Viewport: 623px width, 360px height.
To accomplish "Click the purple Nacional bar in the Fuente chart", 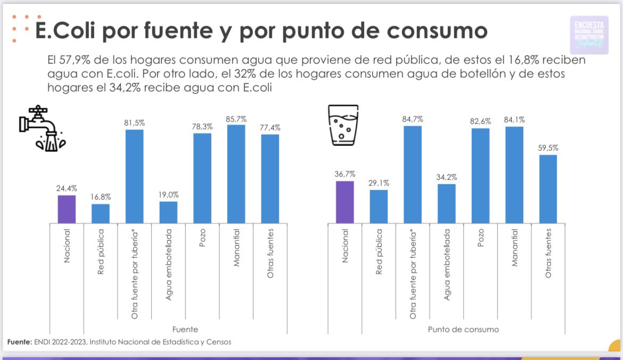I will tap(67, 209).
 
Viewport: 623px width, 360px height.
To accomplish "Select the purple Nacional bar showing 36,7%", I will tap(345, 202).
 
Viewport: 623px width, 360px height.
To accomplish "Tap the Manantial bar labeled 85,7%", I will tap(236, 174).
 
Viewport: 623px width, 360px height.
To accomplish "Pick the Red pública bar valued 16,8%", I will tap(101, 213).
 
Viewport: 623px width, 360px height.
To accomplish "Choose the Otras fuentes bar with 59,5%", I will tap(548, 189).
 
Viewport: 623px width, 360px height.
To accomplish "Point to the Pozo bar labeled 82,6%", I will tap(480, 175).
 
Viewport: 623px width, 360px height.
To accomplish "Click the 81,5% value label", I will tap(134, 122).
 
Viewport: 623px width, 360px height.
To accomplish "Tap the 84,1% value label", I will tap(514, 119).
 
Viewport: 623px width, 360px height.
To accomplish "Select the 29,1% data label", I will tap(379, 183).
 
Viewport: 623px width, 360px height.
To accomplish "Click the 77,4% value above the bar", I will tap(270, 127).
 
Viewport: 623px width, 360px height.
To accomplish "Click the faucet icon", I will tap(42, 128).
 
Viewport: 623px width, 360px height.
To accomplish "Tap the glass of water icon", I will tap(345, 125).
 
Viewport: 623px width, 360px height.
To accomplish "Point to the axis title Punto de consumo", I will tap(463, 329).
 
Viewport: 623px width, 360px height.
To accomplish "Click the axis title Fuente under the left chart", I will tap(185, 329).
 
